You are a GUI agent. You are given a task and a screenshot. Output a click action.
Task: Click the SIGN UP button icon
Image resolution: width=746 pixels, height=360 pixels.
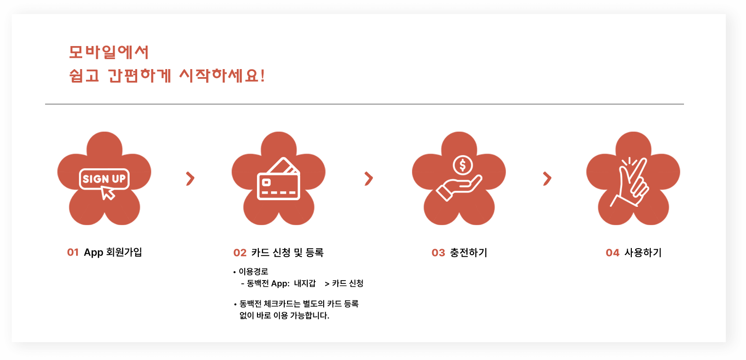click(x=104, y=179)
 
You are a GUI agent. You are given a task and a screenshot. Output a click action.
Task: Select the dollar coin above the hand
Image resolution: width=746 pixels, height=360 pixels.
click(x=463, y=165)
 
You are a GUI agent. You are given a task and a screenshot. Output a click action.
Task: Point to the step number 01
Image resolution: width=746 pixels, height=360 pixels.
click(x=73, y=252)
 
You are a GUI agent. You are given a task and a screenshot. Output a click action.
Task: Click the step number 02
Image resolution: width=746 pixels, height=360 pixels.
click(x=240, y=253)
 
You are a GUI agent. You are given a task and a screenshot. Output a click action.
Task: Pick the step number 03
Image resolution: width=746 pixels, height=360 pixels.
click(x=438, y=253)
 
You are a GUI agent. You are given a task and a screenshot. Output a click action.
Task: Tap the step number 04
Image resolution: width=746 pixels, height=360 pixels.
click(x=613, y=253)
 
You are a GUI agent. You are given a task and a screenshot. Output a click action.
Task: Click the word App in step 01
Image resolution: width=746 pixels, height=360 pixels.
click(x=93, y=252)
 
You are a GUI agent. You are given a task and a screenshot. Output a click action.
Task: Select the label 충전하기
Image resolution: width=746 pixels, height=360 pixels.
click(x=469, y=253)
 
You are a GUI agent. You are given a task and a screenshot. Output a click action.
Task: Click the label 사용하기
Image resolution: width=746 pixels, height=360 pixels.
click(x=643, y=253)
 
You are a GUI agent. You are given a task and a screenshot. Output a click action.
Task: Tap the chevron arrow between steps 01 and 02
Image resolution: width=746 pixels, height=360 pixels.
click(x=190, y=179)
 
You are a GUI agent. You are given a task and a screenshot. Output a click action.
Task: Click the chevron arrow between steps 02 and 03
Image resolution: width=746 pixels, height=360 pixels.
click(x=369, y=179)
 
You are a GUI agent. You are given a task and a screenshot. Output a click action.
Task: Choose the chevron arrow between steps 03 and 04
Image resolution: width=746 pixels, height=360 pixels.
click(x=547, y=179)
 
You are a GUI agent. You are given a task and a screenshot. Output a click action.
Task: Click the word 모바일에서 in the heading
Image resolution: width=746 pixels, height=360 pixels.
click(x=109, y=52)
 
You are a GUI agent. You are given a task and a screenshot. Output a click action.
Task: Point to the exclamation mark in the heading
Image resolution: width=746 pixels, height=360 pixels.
click(x=262, y=75)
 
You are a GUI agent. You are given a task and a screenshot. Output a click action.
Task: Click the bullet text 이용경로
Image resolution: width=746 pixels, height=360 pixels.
click(x=254, y=272)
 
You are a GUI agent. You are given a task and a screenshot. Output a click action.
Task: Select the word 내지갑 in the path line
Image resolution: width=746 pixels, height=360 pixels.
click(x=305, y=283)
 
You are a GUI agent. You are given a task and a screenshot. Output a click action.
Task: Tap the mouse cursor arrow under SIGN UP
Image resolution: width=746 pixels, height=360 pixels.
click(x=109, y=193)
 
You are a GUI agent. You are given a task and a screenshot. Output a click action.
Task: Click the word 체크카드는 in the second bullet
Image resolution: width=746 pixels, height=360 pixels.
click(x=282, y=304)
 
